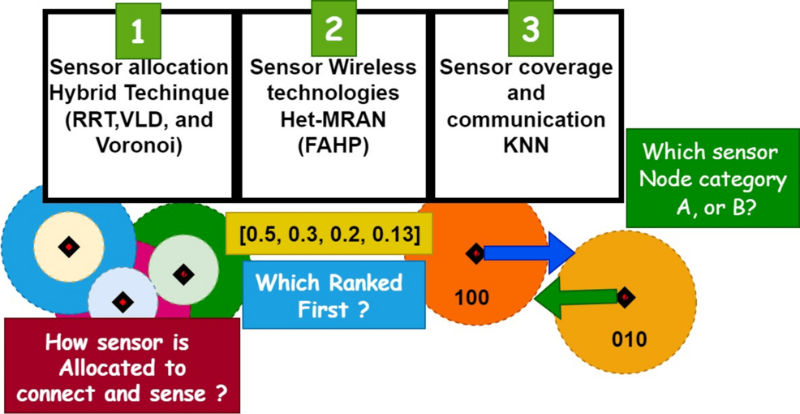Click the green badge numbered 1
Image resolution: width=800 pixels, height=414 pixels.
tap(138, 31)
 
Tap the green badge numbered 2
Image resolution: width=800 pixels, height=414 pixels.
tap(334, 29)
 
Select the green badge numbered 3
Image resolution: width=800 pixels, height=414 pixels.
tap(531, 29)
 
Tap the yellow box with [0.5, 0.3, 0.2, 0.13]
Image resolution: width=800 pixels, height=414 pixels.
tap(329, 235)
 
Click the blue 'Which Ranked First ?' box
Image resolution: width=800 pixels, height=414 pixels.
tap(333, 295)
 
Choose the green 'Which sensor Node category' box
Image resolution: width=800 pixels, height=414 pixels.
tap(712, 179)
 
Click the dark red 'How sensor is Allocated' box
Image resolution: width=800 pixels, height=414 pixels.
tap(122, 367)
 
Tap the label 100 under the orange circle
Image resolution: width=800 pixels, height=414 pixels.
tap(471, 297)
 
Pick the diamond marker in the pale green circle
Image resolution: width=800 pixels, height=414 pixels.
tap(184, 274)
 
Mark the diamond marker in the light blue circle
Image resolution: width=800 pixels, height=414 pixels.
tap(123, 303)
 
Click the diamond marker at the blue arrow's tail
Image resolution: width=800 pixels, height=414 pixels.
tap(476, 254)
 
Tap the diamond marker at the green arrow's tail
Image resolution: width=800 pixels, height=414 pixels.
tap(625, 298)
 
